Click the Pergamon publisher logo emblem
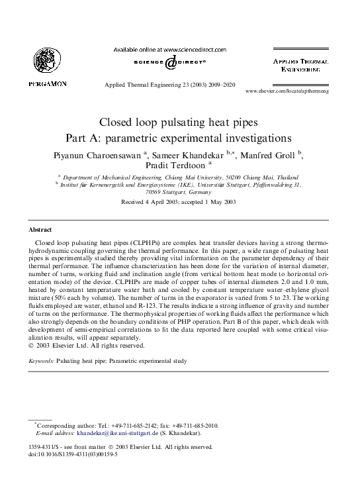[46, 60]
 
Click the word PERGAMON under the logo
[47, 84]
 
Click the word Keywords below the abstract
[41, 361]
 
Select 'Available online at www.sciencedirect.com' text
[170, 49]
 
